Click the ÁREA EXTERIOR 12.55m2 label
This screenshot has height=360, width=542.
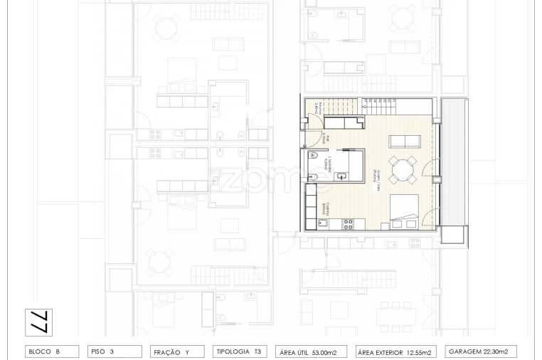395,351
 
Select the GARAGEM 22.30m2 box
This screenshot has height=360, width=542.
482,351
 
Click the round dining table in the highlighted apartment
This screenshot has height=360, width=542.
403,169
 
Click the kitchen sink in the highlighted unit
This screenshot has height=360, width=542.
322,224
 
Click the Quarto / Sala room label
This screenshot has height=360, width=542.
373,175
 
